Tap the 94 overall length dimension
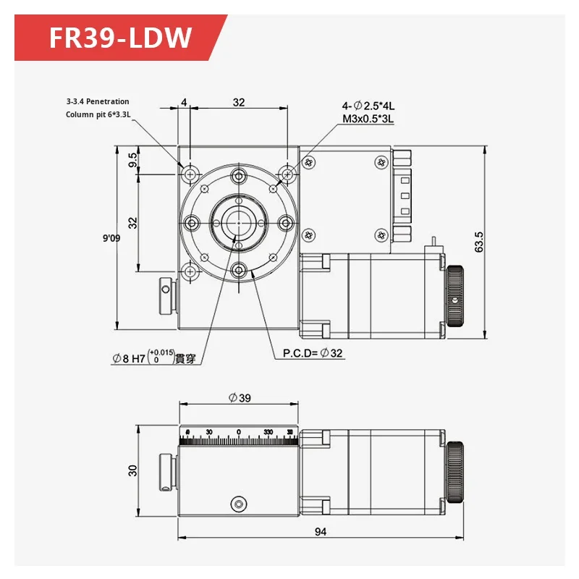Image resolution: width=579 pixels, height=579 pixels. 321,532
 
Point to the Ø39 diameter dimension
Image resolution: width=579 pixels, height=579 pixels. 238,397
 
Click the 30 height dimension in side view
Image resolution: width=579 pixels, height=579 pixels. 132,470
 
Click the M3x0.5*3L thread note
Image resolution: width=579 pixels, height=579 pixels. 368,118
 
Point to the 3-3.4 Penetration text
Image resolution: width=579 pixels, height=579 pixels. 98,102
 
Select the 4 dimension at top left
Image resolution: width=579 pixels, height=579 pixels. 184,103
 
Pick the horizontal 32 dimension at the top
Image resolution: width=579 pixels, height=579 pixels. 238,103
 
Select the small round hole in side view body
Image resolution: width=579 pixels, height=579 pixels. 238,503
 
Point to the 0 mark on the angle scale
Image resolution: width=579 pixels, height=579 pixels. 239,432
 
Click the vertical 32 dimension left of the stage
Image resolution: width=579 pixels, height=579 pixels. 132,221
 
